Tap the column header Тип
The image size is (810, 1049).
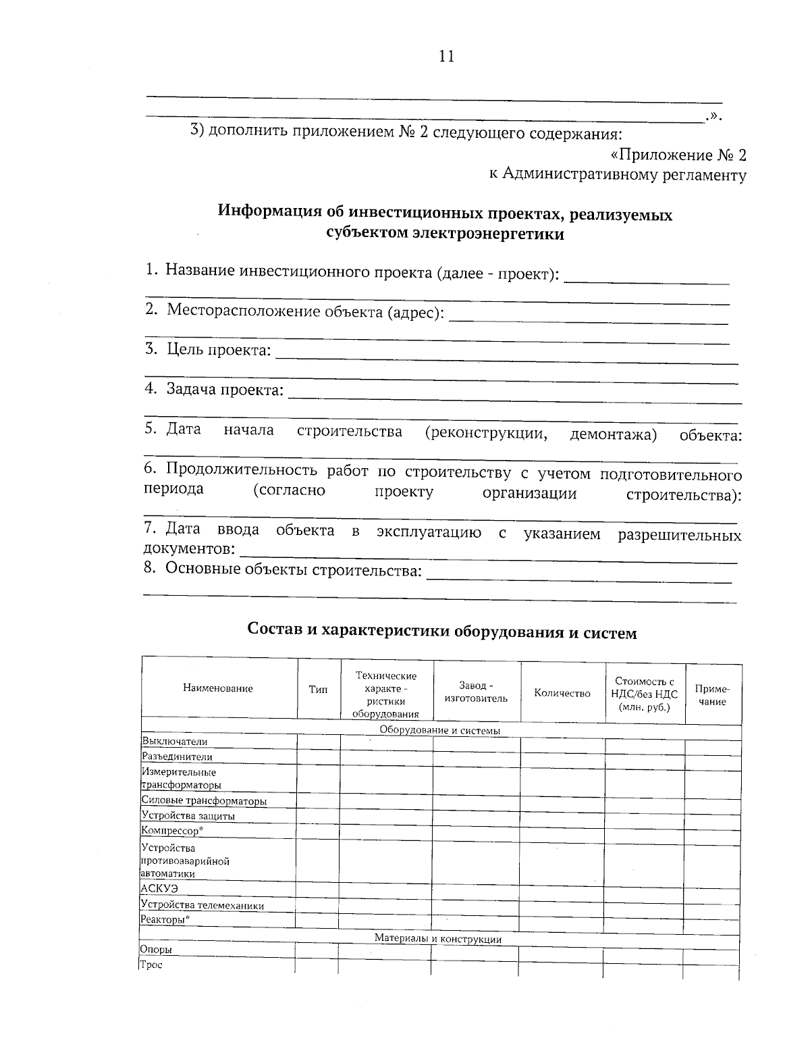(318, 690)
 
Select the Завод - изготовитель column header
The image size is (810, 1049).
(476, 692)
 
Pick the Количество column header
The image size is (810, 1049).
(562, 693)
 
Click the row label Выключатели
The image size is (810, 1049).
(174, 742)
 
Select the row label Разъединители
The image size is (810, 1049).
(177, 757)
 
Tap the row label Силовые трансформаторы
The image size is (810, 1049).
(204, 801)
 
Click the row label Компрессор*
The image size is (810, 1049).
(172, 830)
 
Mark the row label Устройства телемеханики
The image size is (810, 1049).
(202, 905)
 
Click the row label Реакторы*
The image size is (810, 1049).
(165, 920)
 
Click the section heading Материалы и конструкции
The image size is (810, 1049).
(438, 939)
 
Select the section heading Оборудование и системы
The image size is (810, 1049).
(439, 731)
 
